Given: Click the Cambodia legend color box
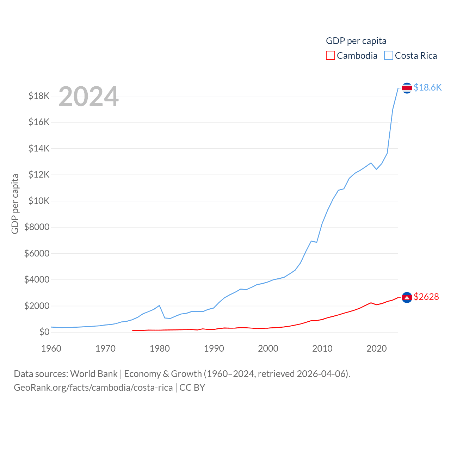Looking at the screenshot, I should pyautogui.click(x=330, y=56).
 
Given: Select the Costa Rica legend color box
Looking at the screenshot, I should pyautogui.click(x=388, y=56).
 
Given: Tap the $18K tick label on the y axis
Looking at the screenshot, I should pyautogui.click(x=39, y=96).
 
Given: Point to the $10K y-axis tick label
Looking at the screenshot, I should pyautogui.click(x=39, y=201).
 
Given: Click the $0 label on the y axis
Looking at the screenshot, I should pyautogui.click(x=44, y=332).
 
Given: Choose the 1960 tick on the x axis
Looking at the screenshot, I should pyautogui.click(x=51, y=348).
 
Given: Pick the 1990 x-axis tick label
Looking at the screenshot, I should pyautogui.click(x=214, y=348).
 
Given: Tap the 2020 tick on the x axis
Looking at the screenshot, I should pyautogui.click(x=377, y=348).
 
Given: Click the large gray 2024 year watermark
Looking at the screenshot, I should pyautogui.click(x=88, y=97).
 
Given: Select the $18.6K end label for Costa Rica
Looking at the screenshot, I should pyautogui.click(x=427, y=87).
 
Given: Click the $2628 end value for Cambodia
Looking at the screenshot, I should pyautogui.click(x=426, y=297).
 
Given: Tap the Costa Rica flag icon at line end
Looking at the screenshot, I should pyautogui.click(x=407, y=88).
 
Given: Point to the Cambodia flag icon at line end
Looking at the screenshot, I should pyautogui.click(x=407, y=298).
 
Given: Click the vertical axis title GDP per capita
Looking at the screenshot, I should pyautogui.click(x=15, y=204).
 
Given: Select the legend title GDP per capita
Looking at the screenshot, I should pyautogui.click(x=356, y=41).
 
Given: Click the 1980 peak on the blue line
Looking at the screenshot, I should pyautogui.click(x=159, y=305).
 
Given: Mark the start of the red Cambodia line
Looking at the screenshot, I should pyautogui.click(x=133, y=330).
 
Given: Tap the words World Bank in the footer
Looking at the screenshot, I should pyautogui.click(x=94, y=373).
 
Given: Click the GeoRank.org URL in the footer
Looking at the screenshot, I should pyautogui.click(x=93, y=388).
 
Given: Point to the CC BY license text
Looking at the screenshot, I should pyautogui.click(x=192, y=388).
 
